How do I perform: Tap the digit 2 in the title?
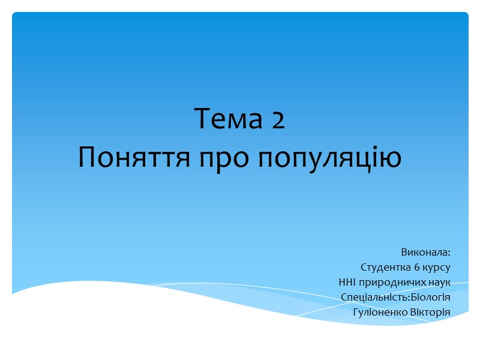(277, 120)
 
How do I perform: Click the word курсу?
(439, 266)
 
